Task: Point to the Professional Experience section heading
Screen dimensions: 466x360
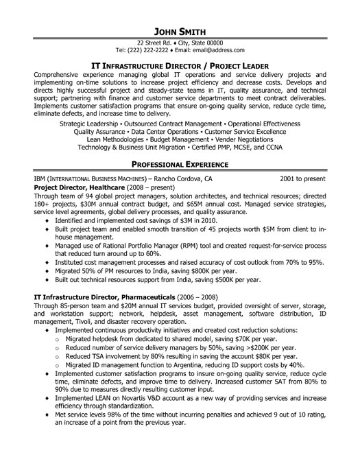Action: click(180, 165)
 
